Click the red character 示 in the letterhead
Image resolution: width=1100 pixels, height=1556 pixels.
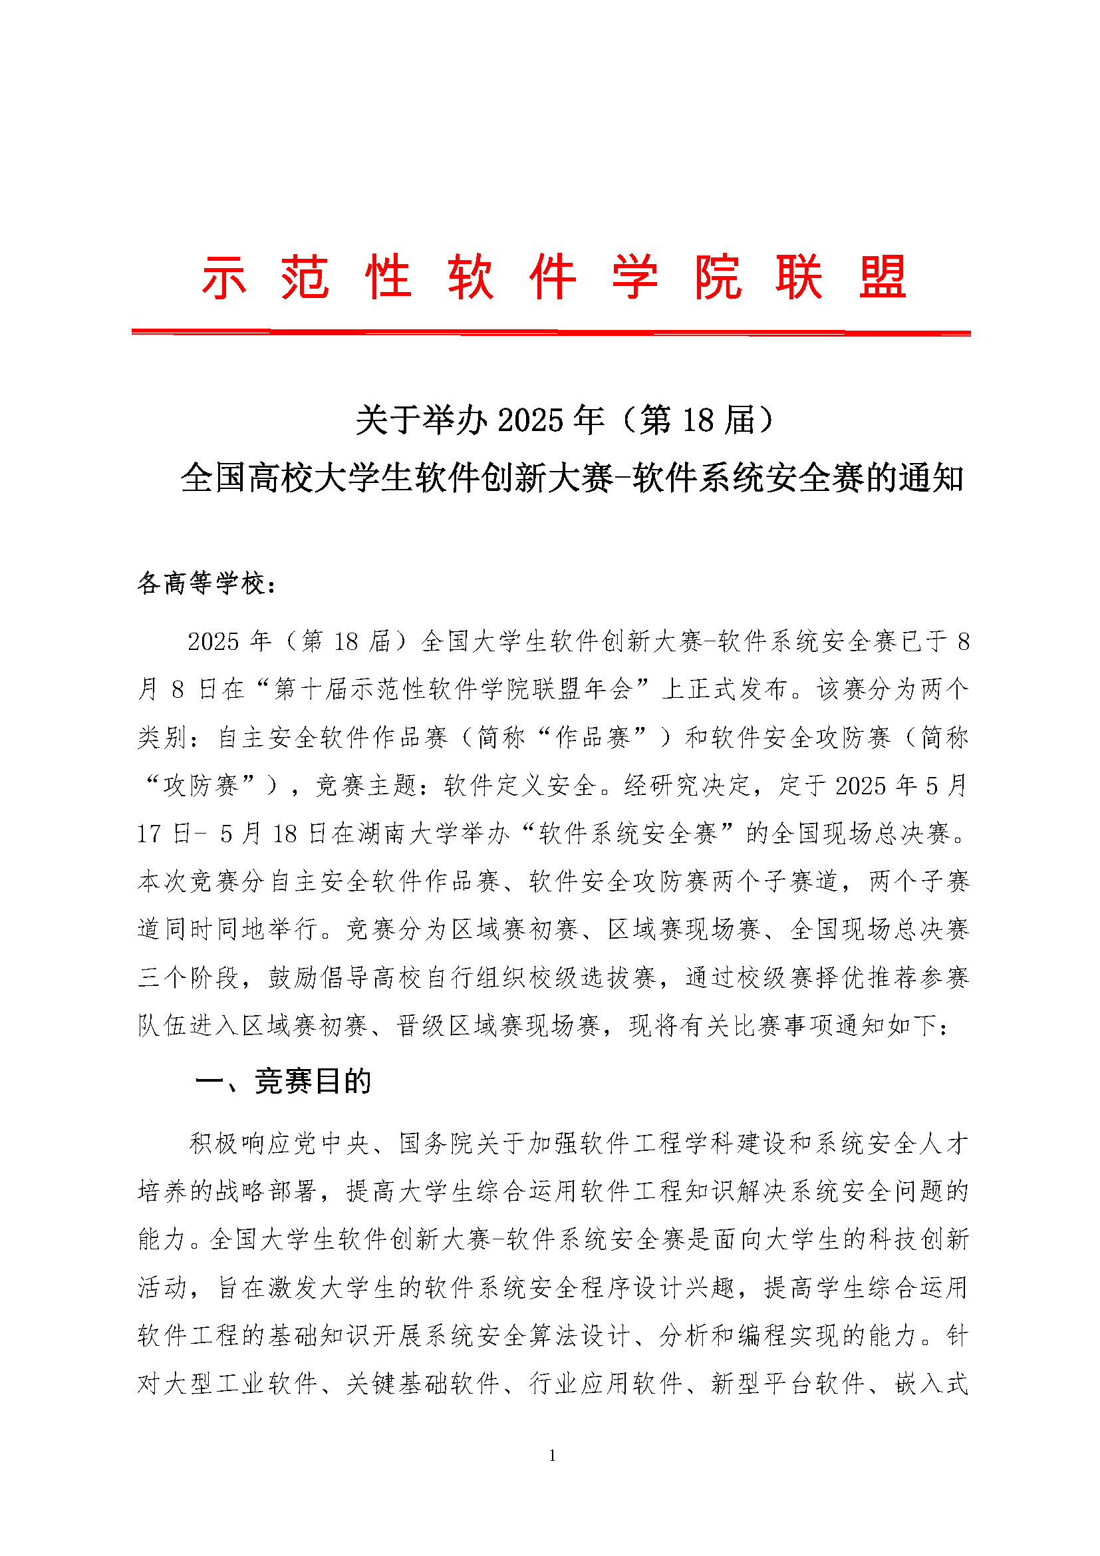pos(223,278)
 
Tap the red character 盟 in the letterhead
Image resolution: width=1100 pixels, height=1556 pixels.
pos(883,278)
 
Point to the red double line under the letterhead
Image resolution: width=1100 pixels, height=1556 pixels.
pos(551,332)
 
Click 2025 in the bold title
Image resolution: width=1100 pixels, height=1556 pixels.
pos(530,420)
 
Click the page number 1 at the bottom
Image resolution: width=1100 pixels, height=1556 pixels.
pos(552,1456)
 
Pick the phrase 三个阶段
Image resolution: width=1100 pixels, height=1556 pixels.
pos(188,978)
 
